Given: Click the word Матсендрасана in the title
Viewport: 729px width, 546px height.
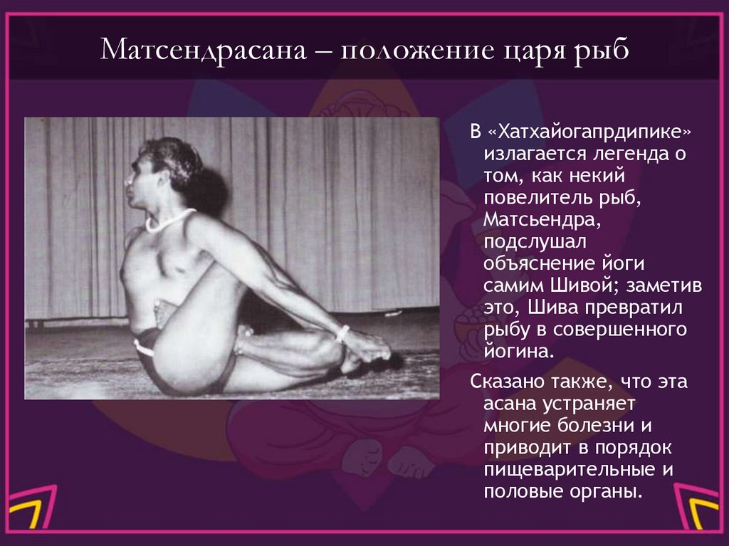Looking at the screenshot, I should point(201,52).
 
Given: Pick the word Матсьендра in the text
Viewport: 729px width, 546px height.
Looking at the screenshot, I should point(540,220).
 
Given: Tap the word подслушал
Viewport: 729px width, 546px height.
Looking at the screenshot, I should point(526,242).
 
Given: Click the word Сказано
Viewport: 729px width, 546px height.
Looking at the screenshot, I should point(506,382).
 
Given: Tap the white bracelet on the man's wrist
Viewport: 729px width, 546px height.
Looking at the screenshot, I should point(344,333).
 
